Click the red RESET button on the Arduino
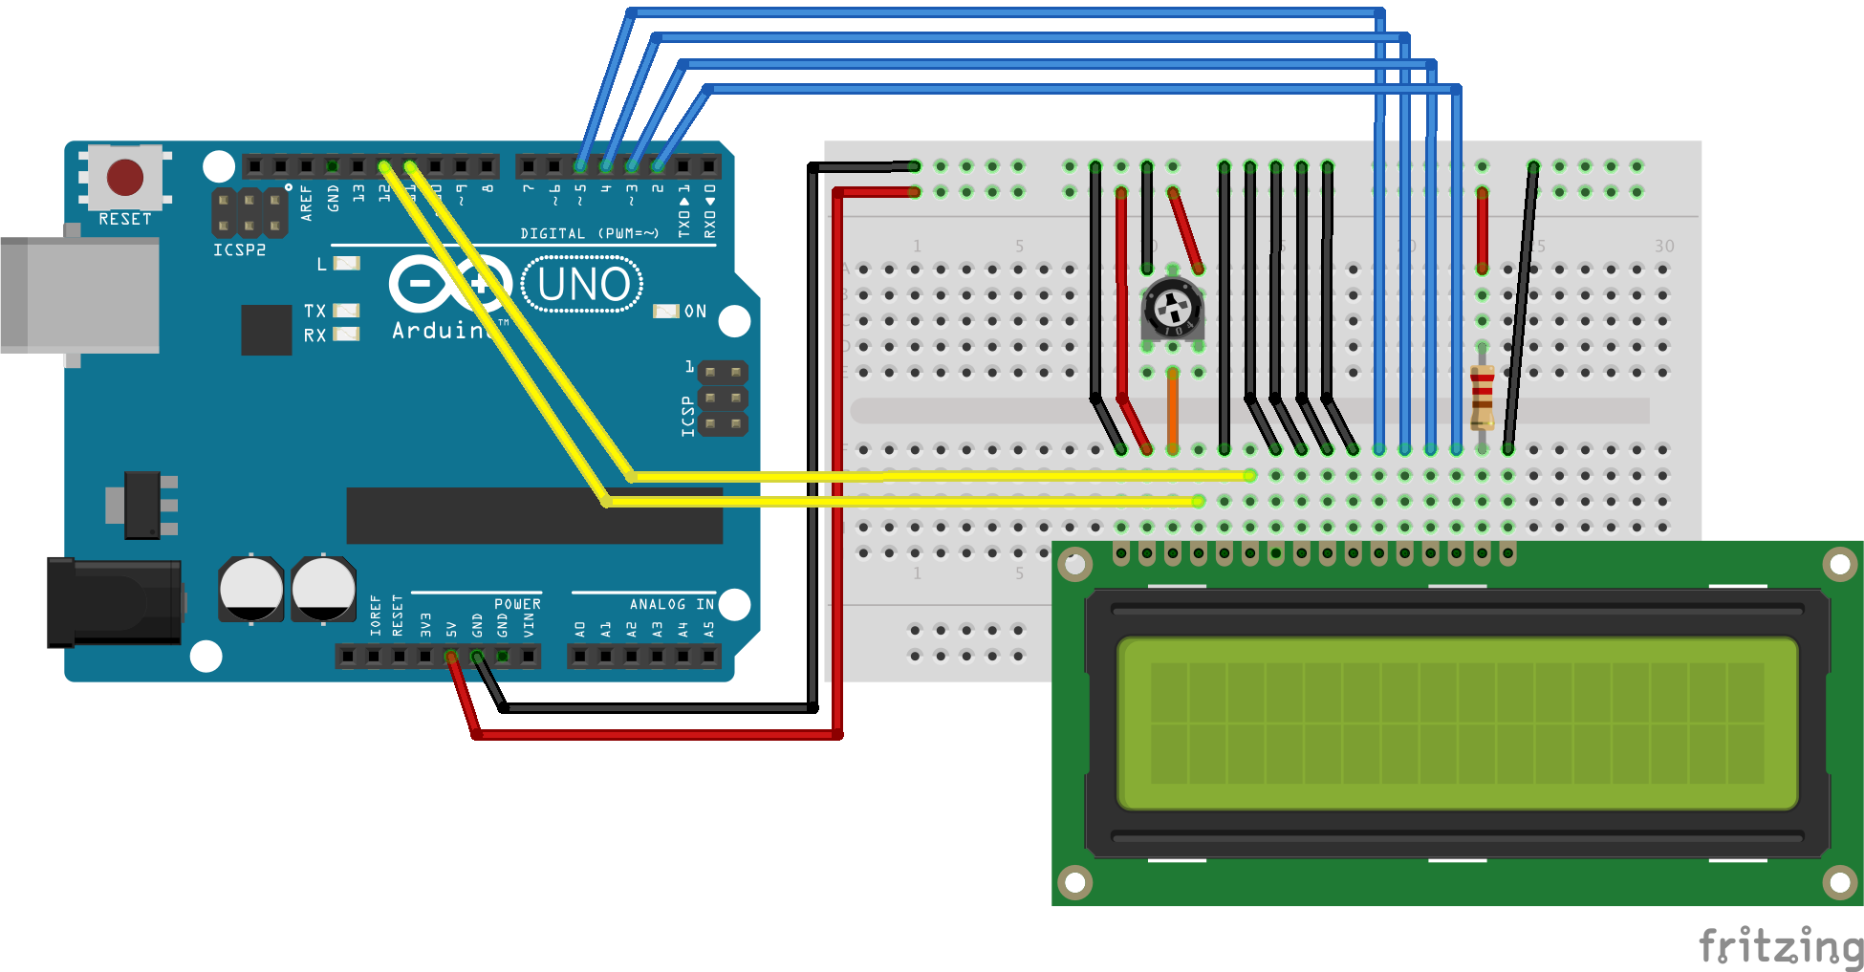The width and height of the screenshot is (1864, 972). tap(125, 177)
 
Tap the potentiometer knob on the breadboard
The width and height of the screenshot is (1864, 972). tap(1173, 309)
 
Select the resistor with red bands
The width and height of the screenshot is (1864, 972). tap(1482, 397)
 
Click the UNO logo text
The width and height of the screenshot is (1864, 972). tap(583, 285)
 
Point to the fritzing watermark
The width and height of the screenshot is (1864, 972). tap(1781, 946)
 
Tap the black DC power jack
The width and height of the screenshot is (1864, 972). tap(115, 602)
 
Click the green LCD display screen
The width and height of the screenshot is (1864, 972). tap(1457, 724)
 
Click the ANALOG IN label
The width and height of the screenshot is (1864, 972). tap(671, 604)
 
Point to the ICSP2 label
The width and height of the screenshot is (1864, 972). tap(239, 250)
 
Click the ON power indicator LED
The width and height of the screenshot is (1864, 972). tap(665, 312)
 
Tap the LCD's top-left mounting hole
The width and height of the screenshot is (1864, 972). tap(1074, 564)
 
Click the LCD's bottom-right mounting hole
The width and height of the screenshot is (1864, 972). tap(1839, 881)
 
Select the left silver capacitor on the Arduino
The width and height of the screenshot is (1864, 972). tap(251, 589)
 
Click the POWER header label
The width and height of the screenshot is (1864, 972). tap(517, 604)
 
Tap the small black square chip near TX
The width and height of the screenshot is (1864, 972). tap(267, 330)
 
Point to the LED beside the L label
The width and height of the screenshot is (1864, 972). tap(346, 263)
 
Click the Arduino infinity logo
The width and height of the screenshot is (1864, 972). tap(449, 284)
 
